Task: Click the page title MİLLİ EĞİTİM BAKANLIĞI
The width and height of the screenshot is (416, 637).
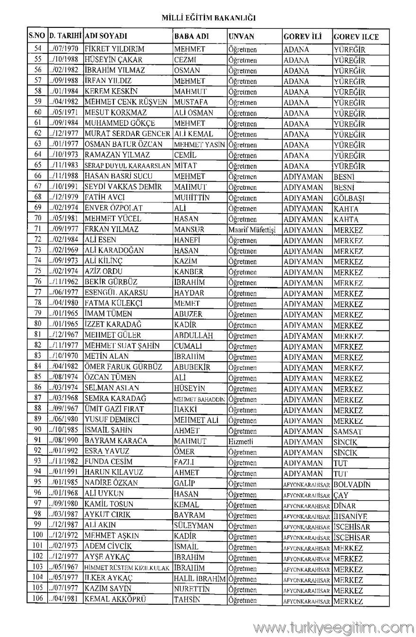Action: point(208,18)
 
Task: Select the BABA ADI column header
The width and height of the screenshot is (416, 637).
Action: point(192,36)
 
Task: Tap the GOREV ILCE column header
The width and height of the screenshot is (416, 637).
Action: point(356,37)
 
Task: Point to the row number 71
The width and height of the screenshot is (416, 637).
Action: point(38,229)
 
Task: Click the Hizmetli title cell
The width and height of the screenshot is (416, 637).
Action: point(241,441)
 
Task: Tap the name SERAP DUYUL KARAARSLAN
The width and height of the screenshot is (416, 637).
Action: point(127,166)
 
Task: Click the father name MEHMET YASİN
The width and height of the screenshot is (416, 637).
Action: point(199,145)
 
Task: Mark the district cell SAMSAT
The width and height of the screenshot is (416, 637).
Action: point(347,431)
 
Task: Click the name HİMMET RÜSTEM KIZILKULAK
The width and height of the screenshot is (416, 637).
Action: point(127,568)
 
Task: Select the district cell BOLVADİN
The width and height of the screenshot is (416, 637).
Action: point(352,484)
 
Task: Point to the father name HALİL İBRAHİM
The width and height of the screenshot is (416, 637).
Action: point(199,578)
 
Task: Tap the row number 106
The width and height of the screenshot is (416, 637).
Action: point(38,600)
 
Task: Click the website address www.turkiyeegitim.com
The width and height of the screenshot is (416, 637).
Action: point(333,627)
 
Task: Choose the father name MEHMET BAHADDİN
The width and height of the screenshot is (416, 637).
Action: point(199,399)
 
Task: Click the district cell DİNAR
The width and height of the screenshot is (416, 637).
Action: point(344,506)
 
